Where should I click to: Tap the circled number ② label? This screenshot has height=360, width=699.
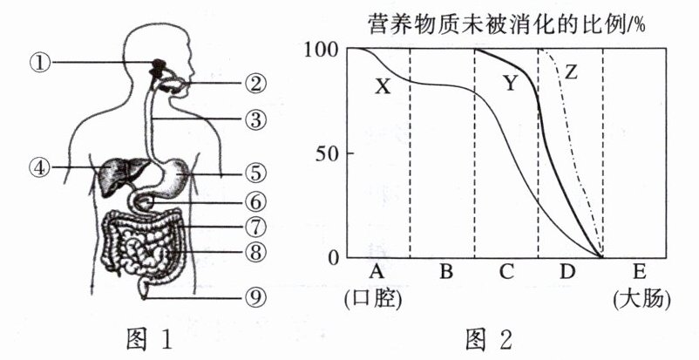point(254,85)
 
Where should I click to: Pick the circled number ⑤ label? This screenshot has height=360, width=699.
point(254,173)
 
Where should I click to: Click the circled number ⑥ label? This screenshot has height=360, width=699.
point(254,200)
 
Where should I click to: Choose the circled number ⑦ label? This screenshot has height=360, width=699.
point(254,228)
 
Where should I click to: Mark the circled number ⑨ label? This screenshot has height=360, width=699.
point(254,296)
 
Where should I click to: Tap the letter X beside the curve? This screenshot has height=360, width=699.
point(383,86)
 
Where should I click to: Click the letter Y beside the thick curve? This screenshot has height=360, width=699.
point(510,84)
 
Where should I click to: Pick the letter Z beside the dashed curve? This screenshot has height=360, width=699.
point(569,72)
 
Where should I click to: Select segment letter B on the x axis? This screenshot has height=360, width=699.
point(445,272)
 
